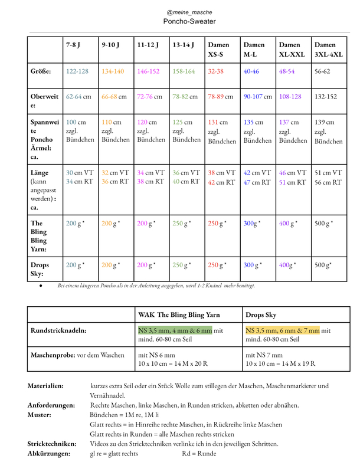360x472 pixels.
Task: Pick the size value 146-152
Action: [148, 71]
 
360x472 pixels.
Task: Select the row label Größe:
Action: [41, 71]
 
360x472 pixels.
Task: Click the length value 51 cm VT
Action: [328, 173]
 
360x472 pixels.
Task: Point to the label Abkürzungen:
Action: [49, 454]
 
